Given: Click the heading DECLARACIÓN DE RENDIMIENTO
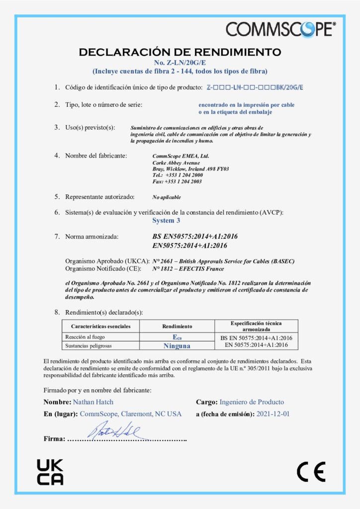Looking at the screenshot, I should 180,52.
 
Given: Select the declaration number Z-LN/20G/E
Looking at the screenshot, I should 180,62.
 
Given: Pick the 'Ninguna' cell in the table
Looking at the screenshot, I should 177,344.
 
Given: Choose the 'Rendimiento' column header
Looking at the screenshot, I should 177,326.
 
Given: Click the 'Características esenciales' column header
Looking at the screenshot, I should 101,326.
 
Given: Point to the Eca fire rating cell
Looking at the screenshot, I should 177,337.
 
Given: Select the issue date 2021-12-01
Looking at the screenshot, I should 273,414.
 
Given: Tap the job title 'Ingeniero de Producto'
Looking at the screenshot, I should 252,402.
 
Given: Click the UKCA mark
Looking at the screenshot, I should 50,472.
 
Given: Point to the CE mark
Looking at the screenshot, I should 311,472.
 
